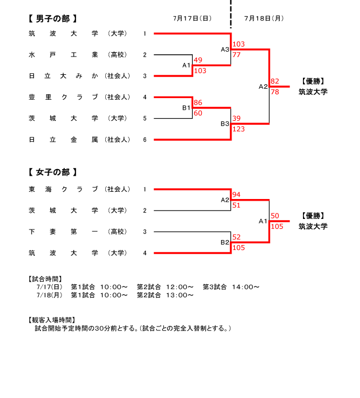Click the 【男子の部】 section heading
click(x=53, y=18)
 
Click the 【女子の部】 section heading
click(x=53, y=172)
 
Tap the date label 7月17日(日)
click(x=192, y=18)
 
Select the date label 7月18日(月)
click(x=264, y=18)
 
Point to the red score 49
click(x=198, y=60)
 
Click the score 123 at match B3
click(x=239, y=129)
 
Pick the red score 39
click(x=236, y=118)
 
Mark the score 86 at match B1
click(x=198, y=103)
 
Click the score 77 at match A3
click(x=236, y=54)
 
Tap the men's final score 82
click(x=275, y=81)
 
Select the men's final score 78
click(x=275, y=92)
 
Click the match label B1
click(x=186, y=108)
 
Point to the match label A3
click(x=225, y=49)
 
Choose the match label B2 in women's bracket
click(x=225, y=242)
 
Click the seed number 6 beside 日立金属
click(x=145, y=140)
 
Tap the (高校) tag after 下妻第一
click(x=117, y=232)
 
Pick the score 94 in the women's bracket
click(x=236, y=195)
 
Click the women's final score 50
click(x=275, y=216)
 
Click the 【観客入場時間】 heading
click(x=52, y=320)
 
